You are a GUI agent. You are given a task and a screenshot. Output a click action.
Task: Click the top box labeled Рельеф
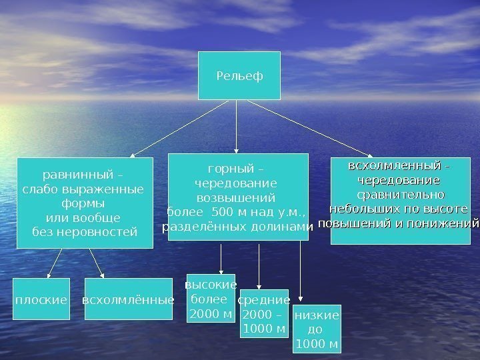click(239, 75)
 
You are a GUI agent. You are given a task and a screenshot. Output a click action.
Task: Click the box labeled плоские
click(41, 299)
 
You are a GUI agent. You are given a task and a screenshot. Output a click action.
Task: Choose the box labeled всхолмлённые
click(128, 299)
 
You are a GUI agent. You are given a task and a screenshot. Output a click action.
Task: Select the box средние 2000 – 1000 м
click(264, 313)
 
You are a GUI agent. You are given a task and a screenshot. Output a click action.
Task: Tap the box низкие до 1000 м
click(317, 329)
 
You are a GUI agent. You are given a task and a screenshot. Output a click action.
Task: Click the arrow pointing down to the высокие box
click(221, 257)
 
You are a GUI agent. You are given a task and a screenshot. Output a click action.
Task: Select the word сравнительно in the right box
click(401, 195)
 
